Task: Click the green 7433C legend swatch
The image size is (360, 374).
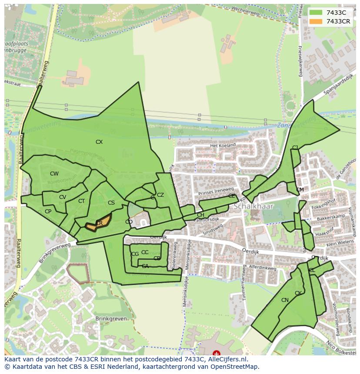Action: [316, 13]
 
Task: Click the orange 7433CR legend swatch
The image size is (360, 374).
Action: [316, 21]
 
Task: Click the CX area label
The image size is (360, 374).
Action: [99, 142]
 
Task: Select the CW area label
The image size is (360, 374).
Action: [54, 174]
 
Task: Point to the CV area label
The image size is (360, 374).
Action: [63, 197]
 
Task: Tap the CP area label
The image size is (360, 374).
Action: [48, 212]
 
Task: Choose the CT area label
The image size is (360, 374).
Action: [81, 201]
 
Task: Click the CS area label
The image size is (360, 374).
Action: [111, 203]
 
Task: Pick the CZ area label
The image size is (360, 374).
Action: [160, 195]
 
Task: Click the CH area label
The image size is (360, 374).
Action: [200, 215]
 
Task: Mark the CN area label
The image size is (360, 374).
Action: [285, 300]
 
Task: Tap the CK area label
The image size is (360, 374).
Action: [298, 293]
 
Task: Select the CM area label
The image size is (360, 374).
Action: [300, 190]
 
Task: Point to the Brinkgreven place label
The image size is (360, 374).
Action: [111, 318]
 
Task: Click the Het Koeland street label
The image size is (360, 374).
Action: [223, 145]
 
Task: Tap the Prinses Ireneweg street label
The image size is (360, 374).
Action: [216, 191]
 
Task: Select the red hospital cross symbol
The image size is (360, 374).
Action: [217, 354]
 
